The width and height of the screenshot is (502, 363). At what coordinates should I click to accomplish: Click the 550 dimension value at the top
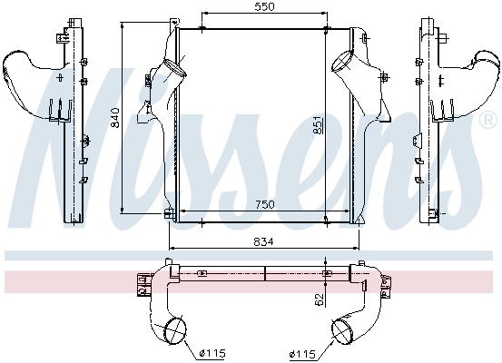[265, 6]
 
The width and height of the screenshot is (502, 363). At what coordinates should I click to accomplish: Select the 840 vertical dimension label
[114, 117]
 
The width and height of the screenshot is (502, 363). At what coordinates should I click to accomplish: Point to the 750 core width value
[265, 204]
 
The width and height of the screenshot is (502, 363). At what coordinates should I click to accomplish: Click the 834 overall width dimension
[264, 241]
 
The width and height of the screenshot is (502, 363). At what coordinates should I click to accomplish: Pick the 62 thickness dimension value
[320, 299]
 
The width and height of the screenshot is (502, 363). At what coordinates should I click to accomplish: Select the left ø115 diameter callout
[212, 353]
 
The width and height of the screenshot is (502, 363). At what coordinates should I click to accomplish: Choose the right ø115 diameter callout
[302, 354]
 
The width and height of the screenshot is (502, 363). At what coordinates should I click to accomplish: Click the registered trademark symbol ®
[487, 120]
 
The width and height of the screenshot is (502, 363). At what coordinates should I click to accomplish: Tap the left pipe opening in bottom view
[175, 329]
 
